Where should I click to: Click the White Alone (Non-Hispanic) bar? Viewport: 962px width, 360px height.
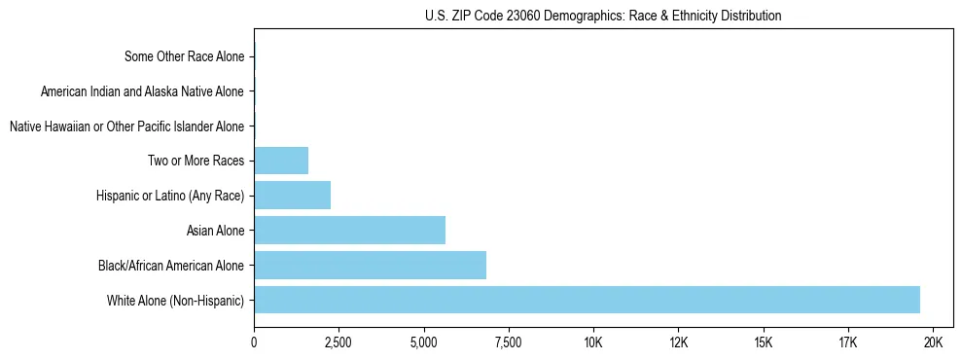[x=587, y=300]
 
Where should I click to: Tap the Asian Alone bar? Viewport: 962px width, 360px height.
[x=349, y=231]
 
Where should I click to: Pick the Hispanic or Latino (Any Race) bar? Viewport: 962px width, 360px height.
[x=292, y=196]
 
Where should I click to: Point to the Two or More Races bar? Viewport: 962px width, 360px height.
[x=281, y=161]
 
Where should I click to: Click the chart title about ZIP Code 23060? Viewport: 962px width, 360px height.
[x=603, y=16]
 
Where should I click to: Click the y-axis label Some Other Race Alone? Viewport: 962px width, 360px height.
[x=185, y=56]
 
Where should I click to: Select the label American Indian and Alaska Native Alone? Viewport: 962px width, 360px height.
[x=143, y=91]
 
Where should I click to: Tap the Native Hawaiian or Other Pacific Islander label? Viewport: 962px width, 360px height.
[x=126, y=126]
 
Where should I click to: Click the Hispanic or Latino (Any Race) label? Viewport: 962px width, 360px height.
[x=171, y=196]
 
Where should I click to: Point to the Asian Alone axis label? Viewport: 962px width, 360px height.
[x=216, y=231]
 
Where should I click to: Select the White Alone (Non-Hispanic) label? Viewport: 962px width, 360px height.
[x=176, y=300]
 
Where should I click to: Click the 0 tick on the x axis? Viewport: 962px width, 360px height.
[x=254, y=342]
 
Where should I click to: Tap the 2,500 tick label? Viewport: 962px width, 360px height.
[x=338, y=342]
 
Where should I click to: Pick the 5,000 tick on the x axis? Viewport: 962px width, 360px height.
[x=423, y=342]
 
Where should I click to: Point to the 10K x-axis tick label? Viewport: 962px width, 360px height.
[x=593, y=342]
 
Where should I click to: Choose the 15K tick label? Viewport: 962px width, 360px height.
[x=763, y=342]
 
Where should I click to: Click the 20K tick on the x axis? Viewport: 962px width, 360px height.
[x=933, y=342]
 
